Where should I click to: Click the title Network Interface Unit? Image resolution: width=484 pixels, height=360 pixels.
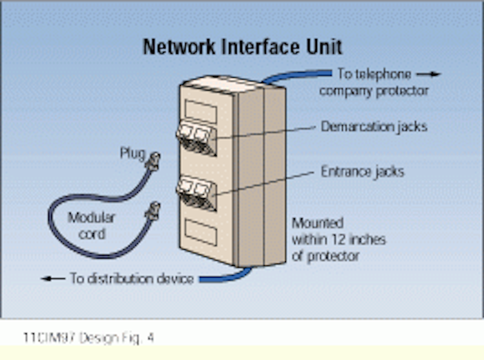[242, 47]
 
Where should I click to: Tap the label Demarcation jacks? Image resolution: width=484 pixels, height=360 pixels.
[374, 127]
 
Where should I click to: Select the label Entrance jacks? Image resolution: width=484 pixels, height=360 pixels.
[362, 172]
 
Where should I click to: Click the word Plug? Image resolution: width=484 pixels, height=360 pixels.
[132, 153]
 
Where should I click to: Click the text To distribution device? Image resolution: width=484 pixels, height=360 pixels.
[132, 279]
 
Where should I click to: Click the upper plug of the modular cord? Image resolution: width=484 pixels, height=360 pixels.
[154, 161]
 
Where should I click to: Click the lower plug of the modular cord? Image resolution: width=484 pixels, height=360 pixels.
[153, 211]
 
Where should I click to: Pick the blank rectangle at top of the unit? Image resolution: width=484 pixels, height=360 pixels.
[201, 111]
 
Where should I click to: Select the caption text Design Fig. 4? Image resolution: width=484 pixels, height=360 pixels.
[116, 337]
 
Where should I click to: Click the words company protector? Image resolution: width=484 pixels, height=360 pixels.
[374, 91]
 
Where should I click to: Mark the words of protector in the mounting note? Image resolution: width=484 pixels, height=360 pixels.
[325, 256]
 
